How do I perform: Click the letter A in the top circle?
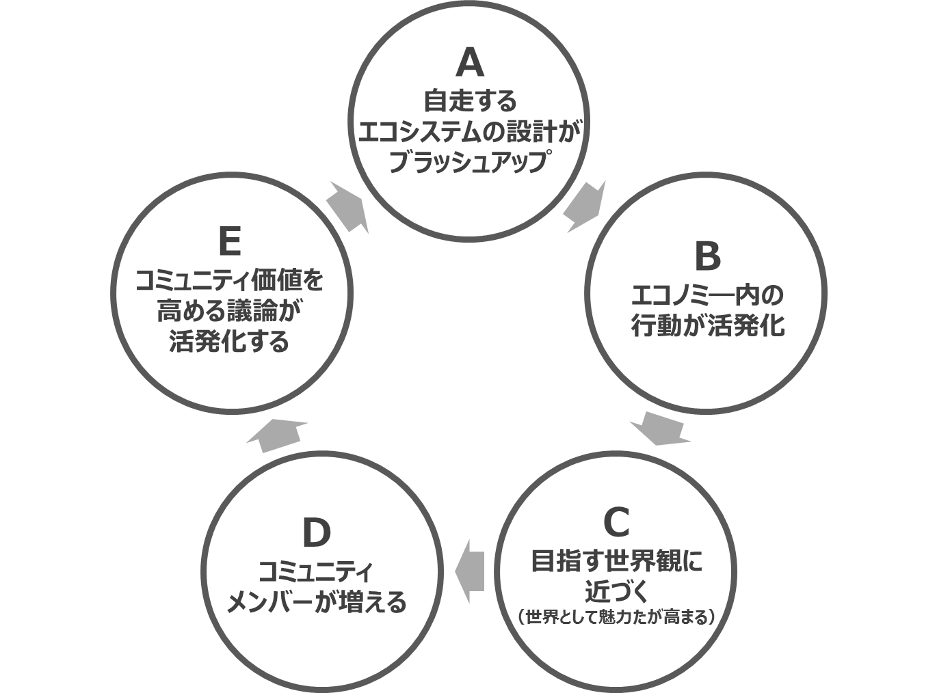[469, 63]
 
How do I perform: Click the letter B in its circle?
[707, 256]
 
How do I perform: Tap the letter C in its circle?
[616, 523]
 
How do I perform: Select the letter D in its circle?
[316, 534]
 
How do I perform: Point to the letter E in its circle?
[229, 242]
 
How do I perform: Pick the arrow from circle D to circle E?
[277, 435]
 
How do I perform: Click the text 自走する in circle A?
[470, 100]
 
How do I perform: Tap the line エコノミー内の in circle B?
[707, 295]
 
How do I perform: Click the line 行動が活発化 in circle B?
[707, 325]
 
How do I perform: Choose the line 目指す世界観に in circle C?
[616, 562]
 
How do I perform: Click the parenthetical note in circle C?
[616, 617]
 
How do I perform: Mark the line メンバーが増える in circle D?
[316, 601]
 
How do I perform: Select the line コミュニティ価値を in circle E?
[229, 281]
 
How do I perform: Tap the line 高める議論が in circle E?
[229, 312]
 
